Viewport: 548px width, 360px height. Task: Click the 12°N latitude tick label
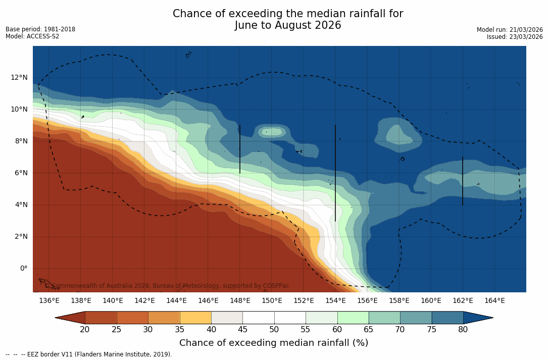point(19,77)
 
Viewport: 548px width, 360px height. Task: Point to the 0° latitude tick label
point(23,268)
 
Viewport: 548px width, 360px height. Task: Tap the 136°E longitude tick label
point(49,301)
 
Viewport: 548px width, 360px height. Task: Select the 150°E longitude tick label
point(272,301)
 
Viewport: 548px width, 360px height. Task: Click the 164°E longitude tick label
point(494,301)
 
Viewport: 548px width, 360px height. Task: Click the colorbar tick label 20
point(85,330)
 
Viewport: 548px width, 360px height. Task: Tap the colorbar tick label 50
point(274,330)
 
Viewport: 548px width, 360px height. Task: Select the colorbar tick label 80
point(463,330)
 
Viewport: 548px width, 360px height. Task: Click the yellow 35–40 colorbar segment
point(195,318)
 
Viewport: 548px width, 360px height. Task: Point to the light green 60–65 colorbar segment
point(353,318)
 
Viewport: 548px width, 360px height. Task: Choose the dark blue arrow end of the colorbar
point(477,318)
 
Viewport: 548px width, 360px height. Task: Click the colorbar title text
point(274,343)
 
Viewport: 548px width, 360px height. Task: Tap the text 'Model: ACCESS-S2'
point(32,36)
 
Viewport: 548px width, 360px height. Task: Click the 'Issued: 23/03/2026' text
point(515,37)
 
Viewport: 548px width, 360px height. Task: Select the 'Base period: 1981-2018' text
point(40,29)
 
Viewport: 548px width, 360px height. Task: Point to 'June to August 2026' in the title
point(288,25)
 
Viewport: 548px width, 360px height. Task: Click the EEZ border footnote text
point(89,354)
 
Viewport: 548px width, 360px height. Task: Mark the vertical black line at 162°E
point(463,181)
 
